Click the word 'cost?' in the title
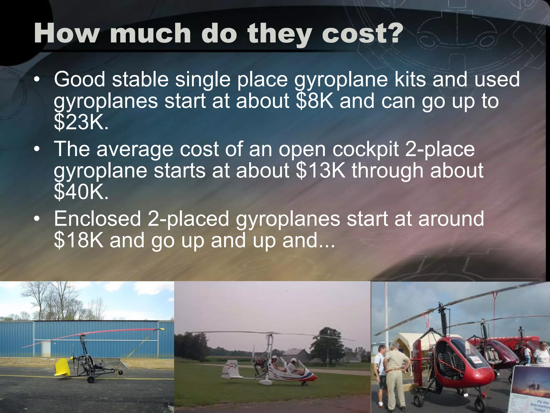point(362,33)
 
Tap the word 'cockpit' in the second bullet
point(366,149)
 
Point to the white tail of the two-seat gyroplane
point(230,368)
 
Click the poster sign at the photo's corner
point(530,390)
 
